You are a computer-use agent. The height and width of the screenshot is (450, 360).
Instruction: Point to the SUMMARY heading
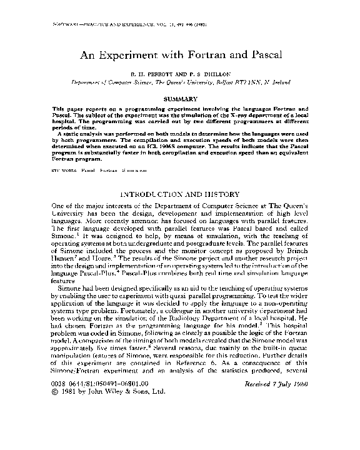180,99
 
